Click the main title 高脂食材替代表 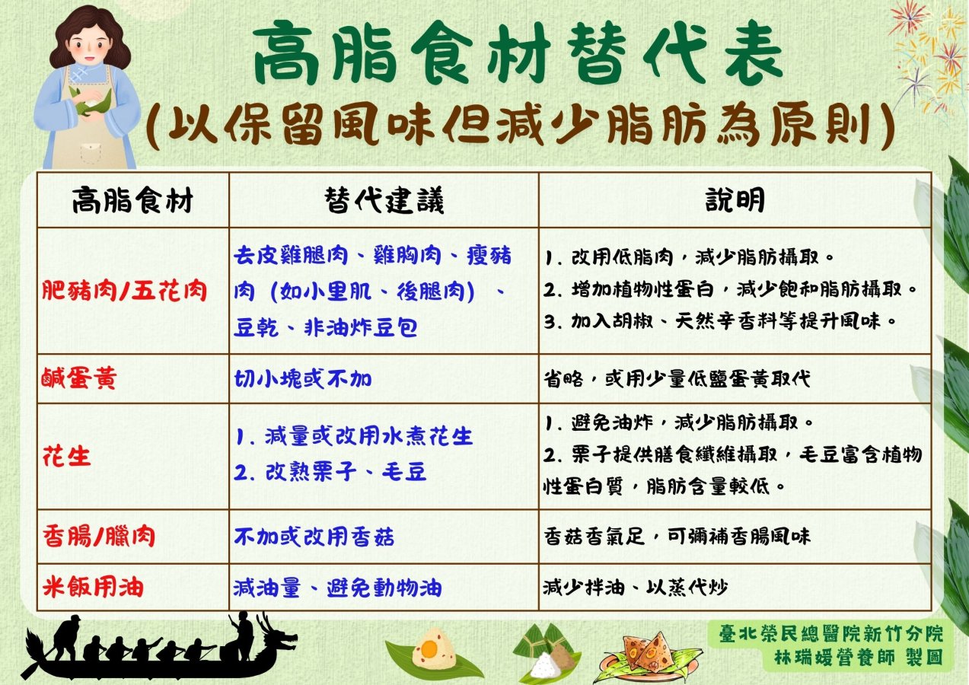click(x=519, y=53)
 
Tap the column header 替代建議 click(x=384, y=200)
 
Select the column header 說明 click(x=735, y=200)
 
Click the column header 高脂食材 click(x=132, y=201)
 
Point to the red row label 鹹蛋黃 click(x=79, y=378)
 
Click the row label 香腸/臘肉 click(x=98, y=536)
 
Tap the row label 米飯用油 click(x=92, y=588)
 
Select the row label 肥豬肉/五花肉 click(x=124, y=291)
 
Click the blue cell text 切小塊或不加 click(x=303, y=378)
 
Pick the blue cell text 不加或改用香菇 click(x=314, y=537)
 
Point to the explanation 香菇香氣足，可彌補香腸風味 click(x=677, y=537)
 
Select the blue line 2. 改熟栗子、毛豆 click(x=330, y=472)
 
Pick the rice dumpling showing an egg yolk click(x=432, y=651)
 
